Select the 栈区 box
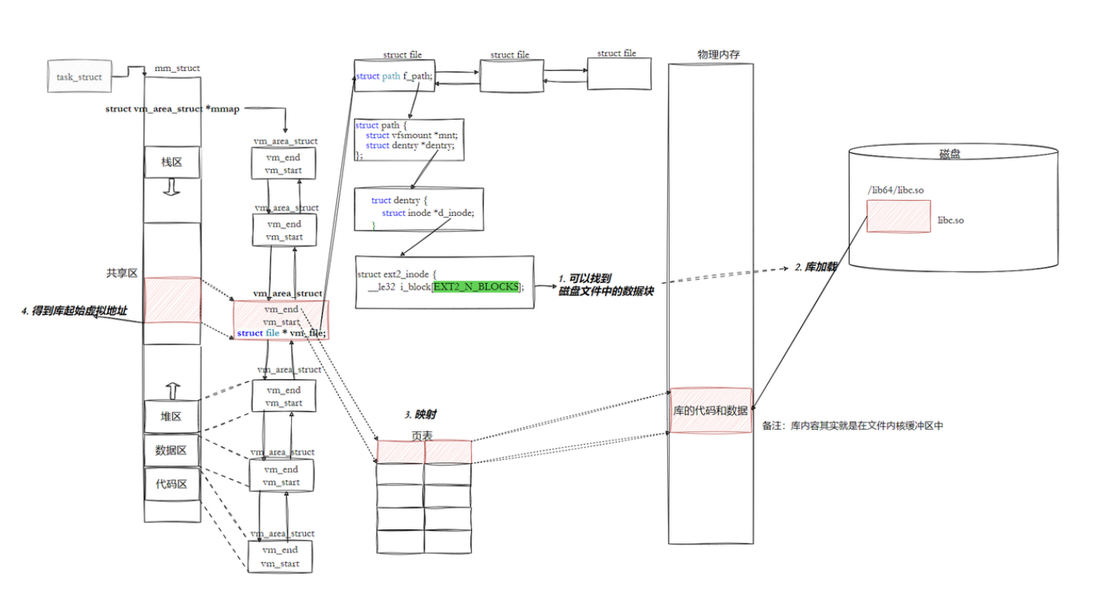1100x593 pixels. pos(171,163)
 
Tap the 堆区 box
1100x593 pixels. pos(171,417)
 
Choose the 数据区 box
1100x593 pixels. pos(171,450)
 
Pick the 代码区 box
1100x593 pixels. pos(171,484)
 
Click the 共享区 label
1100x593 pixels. pos(122,273)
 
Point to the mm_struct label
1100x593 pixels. pos(177,69)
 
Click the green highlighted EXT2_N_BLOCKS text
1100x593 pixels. pos(475,286)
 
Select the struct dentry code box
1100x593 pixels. pos(418,210)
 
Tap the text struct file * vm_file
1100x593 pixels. pos(281,333)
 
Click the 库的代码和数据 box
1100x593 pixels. pos(709,410)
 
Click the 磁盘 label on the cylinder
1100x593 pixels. pos(949,154)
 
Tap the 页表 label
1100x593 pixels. pos(422,436)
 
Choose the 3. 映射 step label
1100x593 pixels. pos(420,414)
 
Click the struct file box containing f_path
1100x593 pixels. pos(395,77)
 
